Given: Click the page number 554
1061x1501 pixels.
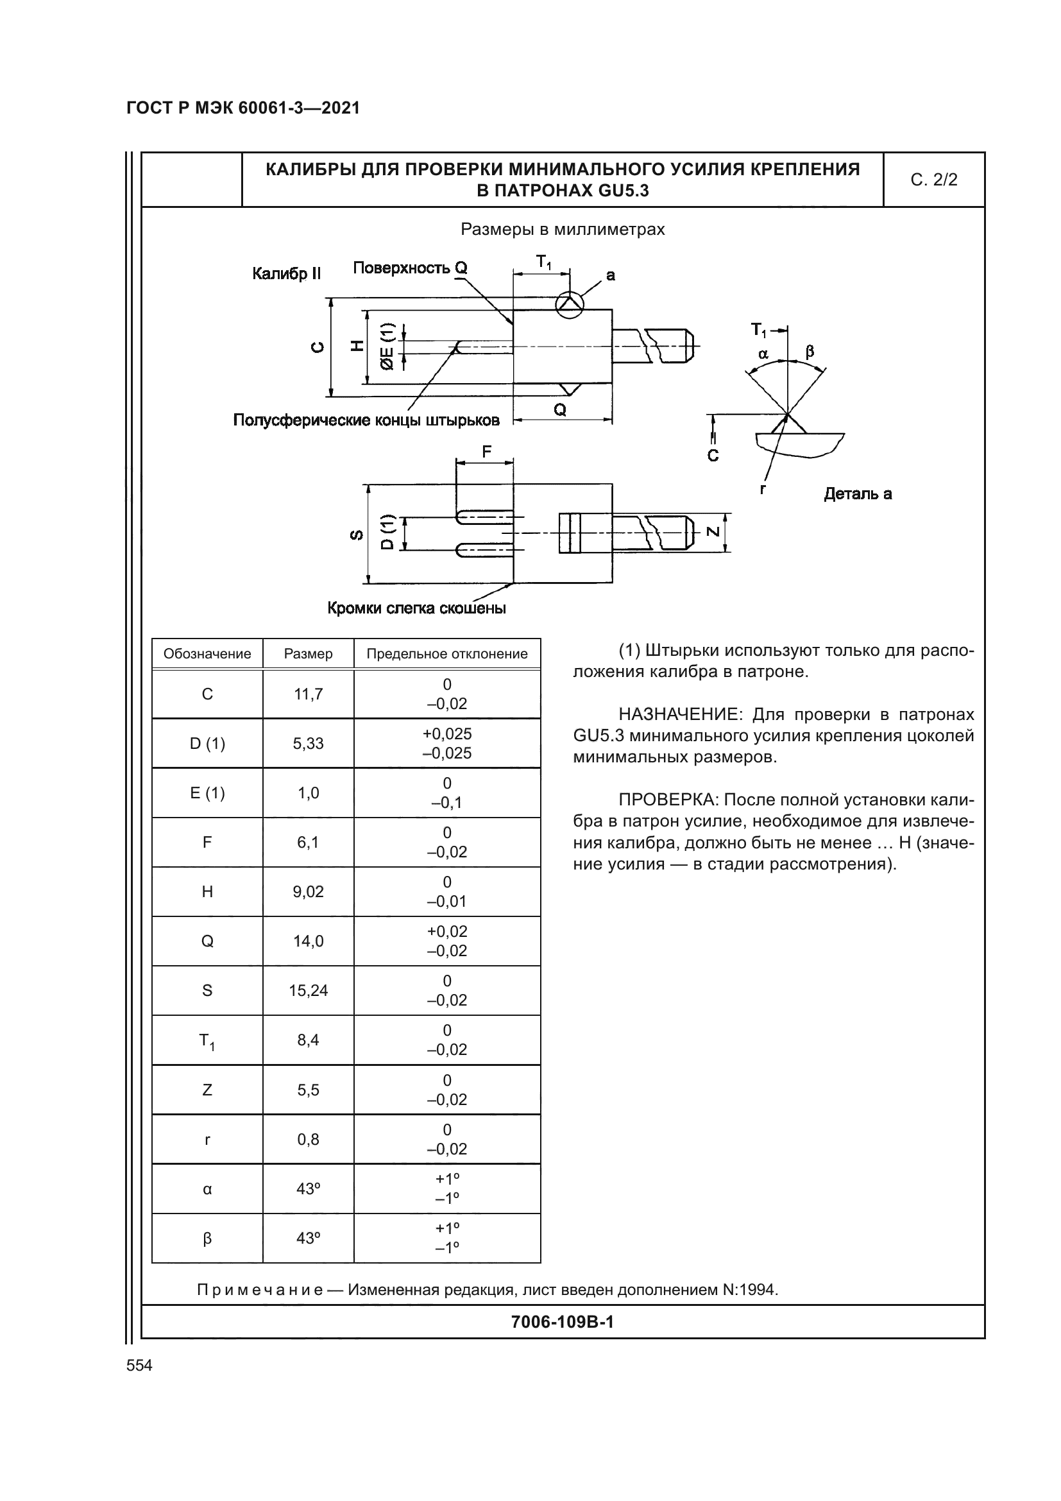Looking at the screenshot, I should click(x=139, y=1365).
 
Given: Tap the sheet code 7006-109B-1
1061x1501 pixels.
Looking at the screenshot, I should click(x=562, y=1322).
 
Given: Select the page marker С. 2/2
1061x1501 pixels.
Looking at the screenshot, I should click(x=933, y=180).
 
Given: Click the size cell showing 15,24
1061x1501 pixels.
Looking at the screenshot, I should click(x=309, y=990).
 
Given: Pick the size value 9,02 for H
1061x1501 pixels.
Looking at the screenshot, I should click(x=309, y=892).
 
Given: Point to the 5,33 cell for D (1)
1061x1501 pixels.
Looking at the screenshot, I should click(x=309, y=743).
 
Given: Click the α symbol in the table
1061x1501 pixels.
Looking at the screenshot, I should click(x=207, y=1189).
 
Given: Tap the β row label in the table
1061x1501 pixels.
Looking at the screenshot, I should click(x=207, y=1238).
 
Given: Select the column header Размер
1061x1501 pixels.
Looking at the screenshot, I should click(x=309, y=654).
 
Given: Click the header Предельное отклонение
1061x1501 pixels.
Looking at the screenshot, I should click(x=447, y=654).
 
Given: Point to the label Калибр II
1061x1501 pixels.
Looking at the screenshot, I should click(x=287, y=274).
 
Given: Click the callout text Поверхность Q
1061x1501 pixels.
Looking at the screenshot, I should click(x=410, y=268).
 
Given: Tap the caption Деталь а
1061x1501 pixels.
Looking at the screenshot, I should click(x=858, y=494).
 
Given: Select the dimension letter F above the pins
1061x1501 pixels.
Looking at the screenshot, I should click(x=486, y=452).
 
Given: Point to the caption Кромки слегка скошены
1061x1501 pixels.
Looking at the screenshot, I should click(x=416, y=608).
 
